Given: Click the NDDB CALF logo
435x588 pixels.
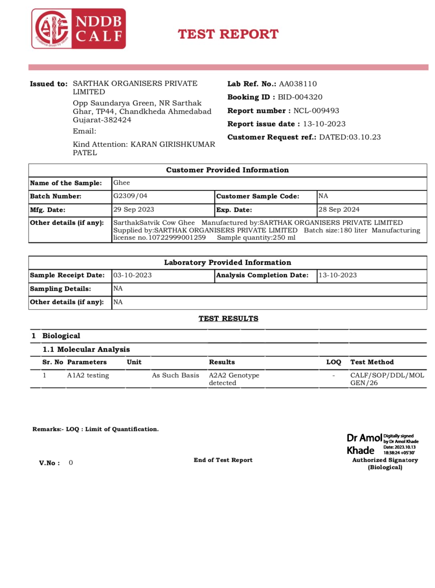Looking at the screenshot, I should click(79, 29).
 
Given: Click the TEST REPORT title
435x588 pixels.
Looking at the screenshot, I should click(228, 34).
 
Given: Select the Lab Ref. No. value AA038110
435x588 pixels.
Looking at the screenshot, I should click(298, 84).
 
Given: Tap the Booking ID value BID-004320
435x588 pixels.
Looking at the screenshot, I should click(300, 97).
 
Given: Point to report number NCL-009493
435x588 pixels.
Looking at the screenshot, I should click(316, 111).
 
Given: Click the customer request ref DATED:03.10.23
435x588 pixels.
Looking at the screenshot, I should click(350, 137).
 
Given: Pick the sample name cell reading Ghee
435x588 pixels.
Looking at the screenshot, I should click(122, 183).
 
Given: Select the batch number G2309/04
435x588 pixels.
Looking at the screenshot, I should click(130, 196).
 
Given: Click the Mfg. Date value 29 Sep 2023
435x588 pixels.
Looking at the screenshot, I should click(133, 209).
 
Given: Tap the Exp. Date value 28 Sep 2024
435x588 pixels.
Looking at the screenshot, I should click(339, 209).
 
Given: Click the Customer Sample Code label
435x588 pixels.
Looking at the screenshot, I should click(258, 196).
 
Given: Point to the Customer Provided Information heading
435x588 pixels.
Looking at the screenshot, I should click(227, 170).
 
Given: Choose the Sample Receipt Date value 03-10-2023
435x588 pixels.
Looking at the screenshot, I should click(132, 275).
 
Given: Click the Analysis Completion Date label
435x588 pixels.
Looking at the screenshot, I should click(262, 275).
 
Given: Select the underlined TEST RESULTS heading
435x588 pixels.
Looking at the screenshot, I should click(228, 318).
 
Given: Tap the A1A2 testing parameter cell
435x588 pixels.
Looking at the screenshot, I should click(88, 375).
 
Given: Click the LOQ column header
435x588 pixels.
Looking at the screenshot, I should click(333, 362).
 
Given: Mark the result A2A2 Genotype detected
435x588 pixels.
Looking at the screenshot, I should click(234, 379).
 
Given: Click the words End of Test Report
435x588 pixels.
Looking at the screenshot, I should click(223, 460).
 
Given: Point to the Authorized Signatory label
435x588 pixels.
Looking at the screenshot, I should click(385, 460).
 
